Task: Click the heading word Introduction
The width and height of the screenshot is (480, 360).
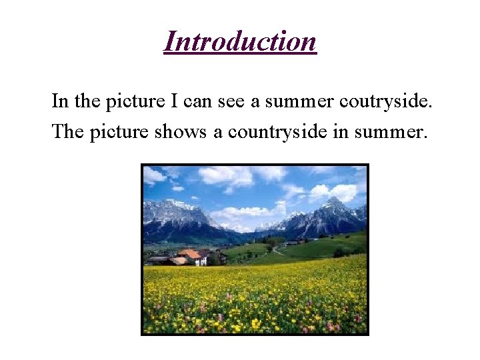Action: [240, 41]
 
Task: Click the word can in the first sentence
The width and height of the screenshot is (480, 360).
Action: [196, 103]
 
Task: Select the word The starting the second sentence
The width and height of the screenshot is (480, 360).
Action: [67, 131]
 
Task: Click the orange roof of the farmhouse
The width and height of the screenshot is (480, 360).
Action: [190, 254]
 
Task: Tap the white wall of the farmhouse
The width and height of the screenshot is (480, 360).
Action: [199, 261]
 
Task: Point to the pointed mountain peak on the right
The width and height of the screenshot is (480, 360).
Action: [331, 202]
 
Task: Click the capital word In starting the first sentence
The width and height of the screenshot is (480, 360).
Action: [60, 102]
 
